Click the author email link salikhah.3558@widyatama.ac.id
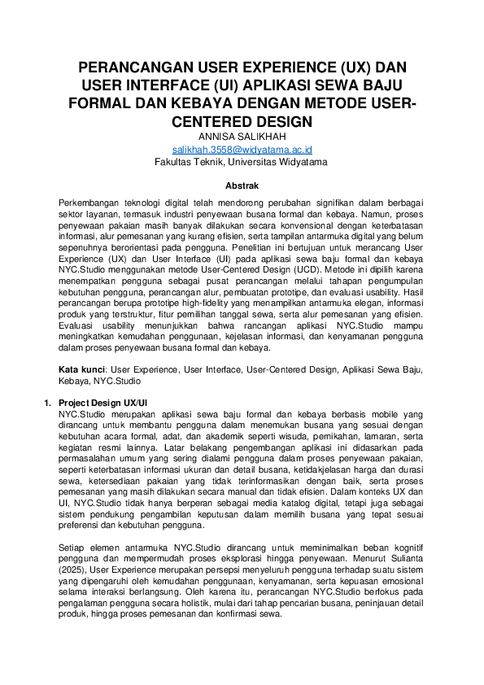[x=242, y=150]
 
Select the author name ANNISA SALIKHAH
[x=242, y=137]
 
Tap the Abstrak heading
[x=242, y=185]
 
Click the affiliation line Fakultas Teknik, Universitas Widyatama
[x=242, y=162]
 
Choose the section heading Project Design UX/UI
[x=102, y=403]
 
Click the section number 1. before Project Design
[x=46, y=403]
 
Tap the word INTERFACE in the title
[x=166, y=85]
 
